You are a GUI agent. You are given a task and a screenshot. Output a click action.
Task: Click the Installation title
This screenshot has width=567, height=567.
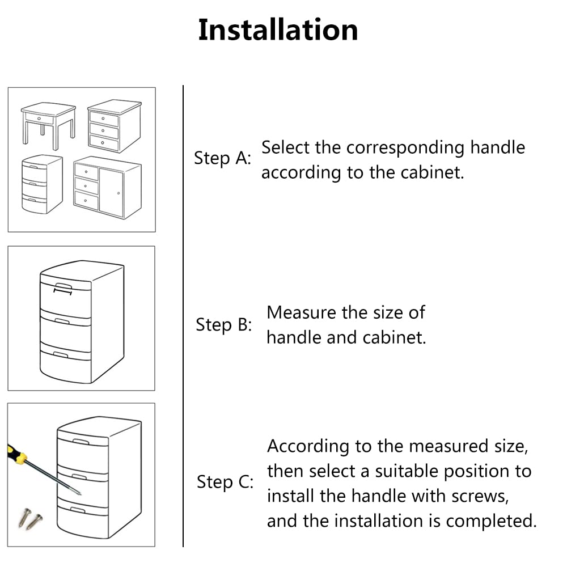[x=278, y=29]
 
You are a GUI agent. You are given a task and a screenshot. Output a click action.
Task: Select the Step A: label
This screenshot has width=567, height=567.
[x=222, y=158]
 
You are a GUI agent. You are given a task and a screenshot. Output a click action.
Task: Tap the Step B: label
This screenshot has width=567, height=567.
[x=223, y=325]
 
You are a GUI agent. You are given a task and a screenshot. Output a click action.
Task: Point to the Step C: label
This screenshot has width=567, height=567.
[x=225, y=482]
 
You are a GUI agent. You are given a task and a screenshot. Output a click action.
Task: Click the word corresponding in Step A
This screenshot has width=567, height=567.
[x=405, y=148]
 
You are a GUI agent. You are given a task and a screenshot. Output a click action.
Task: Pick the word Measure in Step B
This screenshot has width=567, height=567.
[x=302, y=312]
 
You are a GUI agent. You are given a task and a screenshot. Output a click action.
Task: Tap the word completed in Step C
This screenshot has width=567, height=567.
[x=491, y=522]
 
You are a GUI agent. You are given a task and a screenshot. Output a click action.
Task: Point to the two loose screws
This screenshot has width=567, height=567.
[x=31, y=519]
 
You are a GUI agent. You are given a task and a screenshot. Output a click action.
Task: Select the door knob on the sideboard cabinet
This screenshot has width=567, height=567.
[x=119, y=193]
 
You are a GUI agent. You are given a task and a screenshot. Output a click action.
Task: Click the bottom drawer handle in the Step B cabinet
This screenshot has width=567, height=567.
[x=61, y=354]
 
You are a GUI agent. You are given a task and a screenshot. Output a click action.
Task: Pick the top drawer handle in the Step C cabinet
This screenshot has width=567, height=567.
[x=81, y=442]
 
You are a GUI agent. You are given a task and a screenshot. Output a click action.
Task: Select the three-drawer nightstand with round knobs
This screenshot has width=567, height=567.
[x=115, y=126]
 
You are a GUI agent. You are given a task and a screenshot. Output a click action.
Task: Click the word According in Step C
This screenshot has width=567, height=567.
[x=308, y=447]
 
